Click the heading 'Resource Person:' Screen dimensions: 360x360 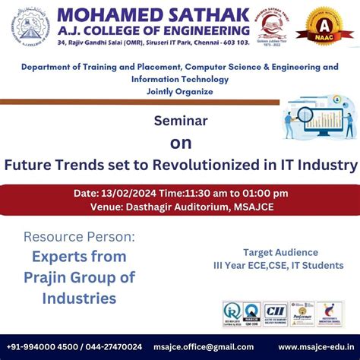[80, 237]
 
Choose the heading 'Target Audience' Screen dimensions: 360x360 [280, 252]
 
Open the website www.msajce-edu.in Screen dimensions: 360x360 [311, 347]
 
